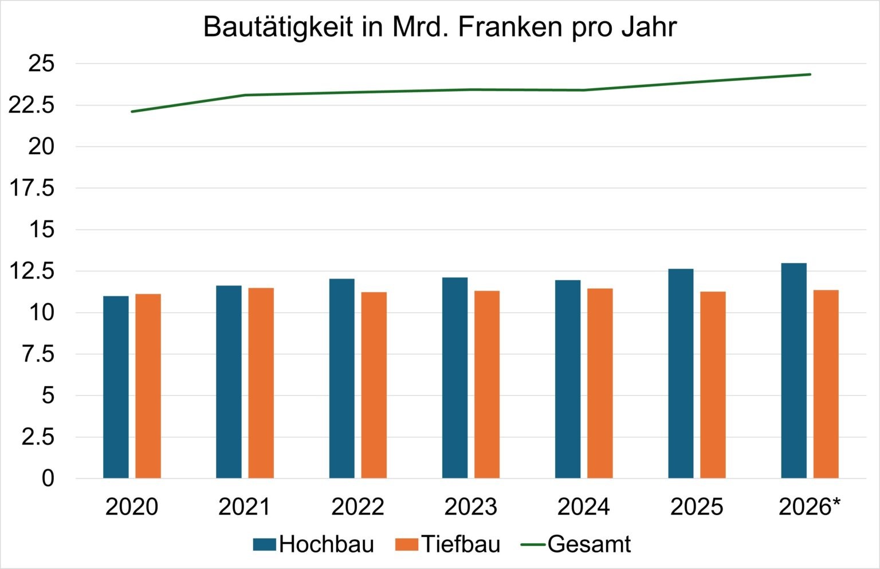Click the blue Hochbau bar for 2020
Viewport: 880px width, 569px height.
tap(116, 387)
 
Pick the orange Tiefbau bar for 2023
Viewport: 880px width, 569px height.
tap(487, 384)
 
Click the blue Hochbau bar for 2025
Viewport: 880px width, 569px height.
tap(681, 373)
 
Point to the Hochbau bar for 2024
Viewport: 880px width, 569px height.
tap(568, 379)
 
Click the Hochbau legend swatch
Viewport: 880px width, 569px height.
tap(264, 544)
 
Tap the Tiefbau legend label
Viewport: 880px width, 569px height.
tap(461, 544)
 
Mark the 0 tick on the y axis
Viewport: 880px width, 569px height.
tap(48, 478)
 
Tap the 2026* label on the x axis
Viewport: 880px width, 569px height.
tap(810, 507)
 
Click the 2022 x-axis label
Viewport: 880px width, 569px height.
tap(357, 507)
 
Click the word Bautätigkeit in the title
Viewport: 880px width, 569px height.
tap(278, 27)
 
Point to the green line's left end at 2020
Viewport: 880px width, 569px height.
tap(132, 112)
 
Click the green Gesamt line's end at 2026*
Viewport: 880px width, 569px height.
tap(810, 74)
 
